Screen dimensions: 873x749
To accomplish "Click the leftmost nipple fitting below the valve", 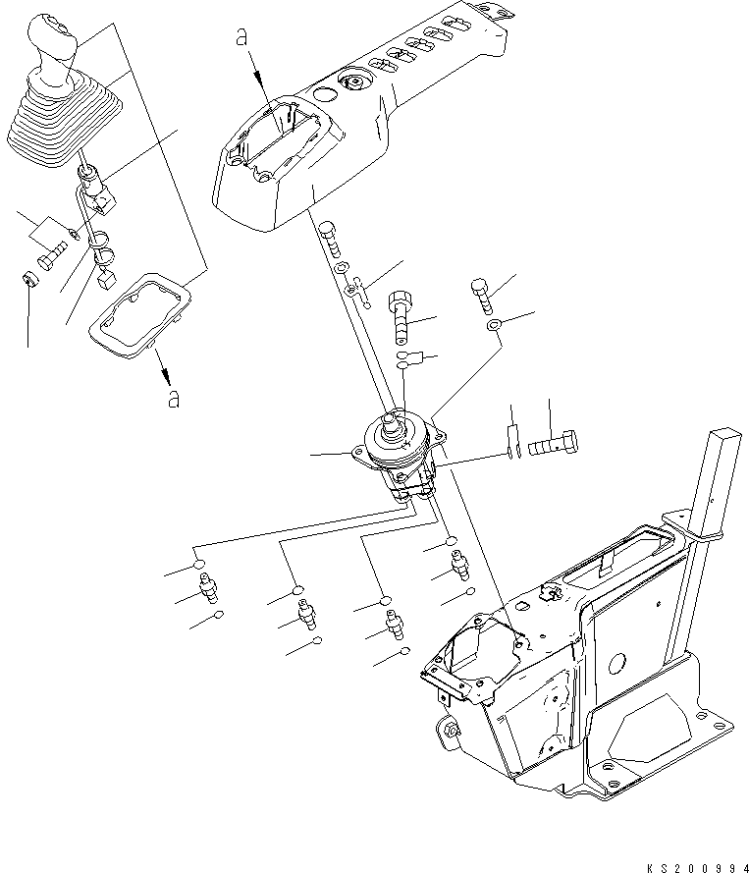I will click(x=208, y=592).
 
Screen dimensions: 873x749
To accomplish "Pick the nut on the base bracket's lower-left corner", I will click(x=451, y=730).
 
